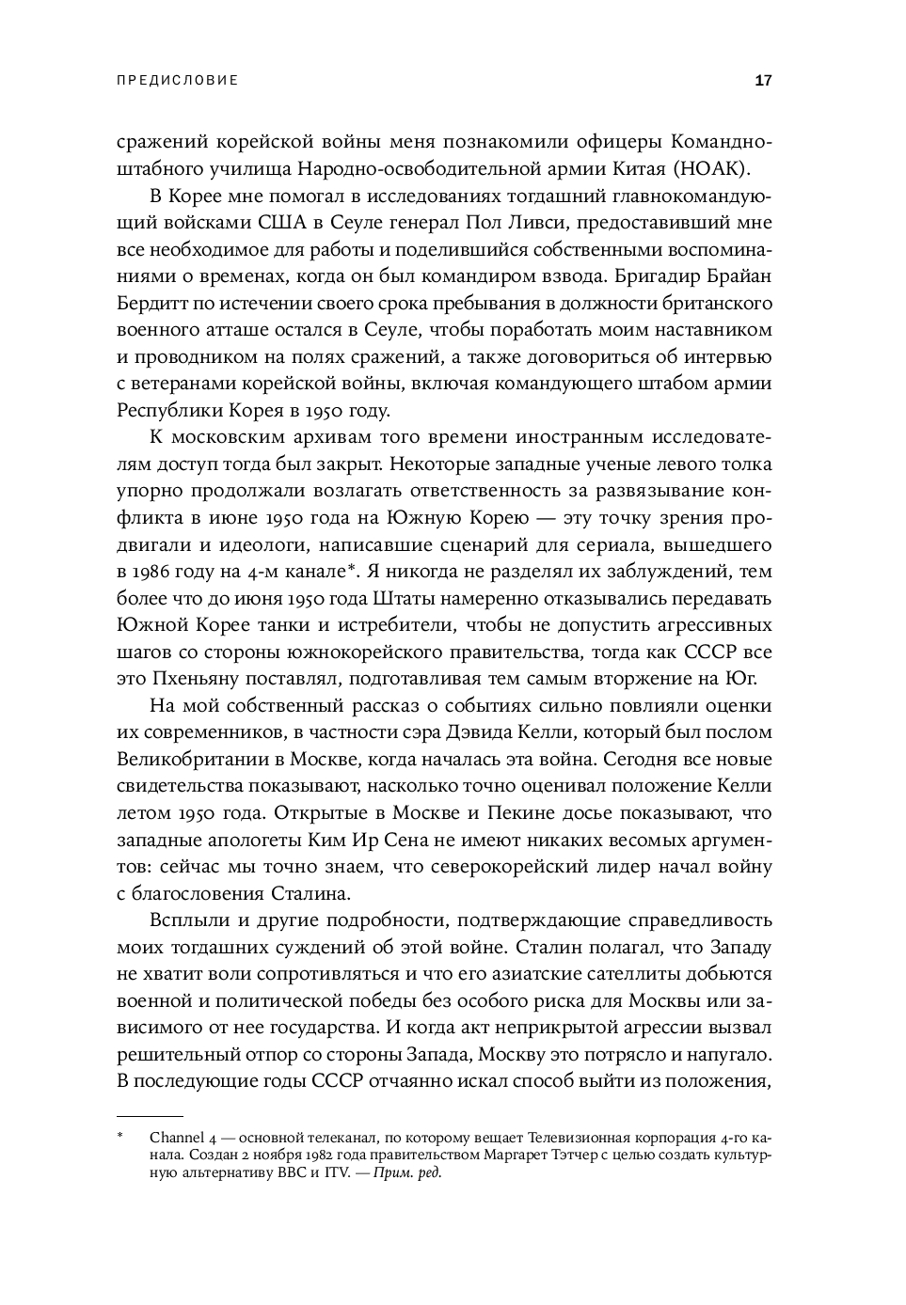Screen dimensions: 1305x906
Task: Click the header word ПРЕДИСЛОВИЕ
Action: pyautogui.click(x=177, y=81)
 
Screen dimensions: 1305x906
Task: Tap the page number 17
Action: pyautogui.click(x=763, y=81)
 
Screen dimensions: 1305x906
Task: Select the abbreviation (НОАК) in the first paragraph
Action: pyautogui.click(x=720, y=168)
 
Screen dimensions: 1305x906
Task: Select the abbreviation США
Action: pyautogui.click(x=289, y=223)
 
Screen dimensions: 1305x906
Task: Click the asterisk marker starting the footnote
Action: pyautogui.click(x=120, y=1138)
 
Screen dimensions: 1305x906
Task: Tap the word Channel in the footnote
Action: pyautogui.click(x=177, y=1139)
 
